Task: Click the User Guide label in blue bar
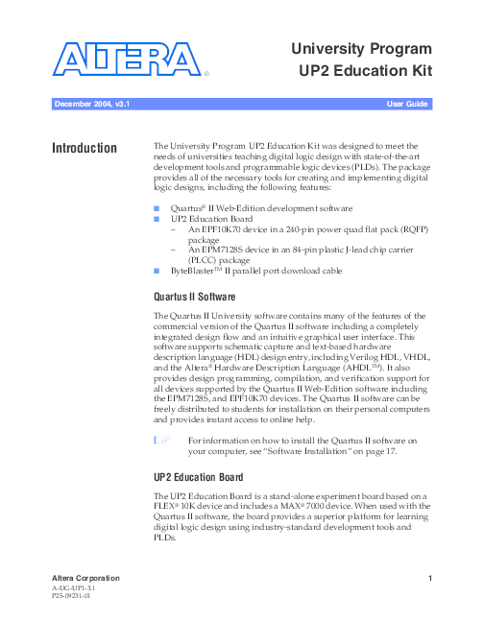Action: pyautogui.click(x=407, y=102)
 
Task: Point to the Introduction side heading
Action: pyautogui.click(x=85, y=149)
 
